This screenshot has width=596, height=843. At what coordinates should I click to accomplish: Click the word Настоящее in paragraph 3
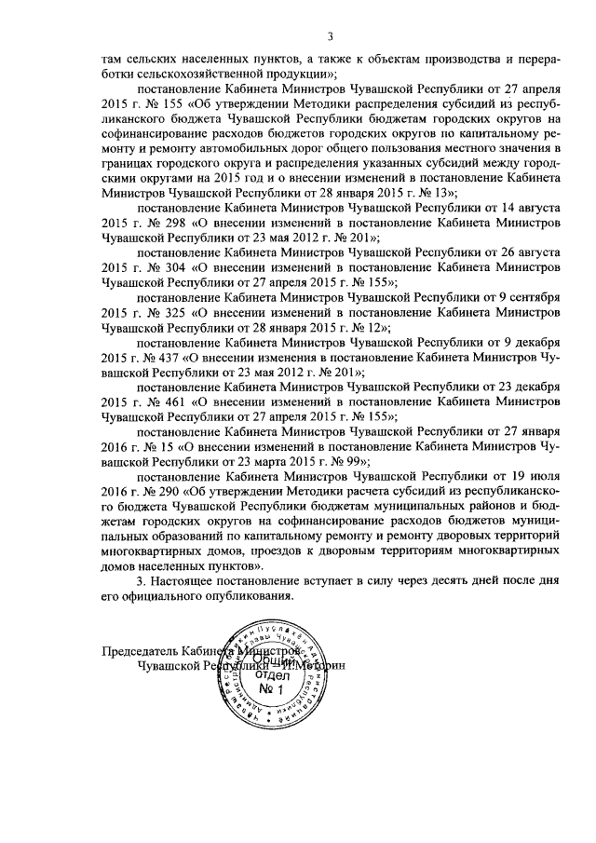(186, 582)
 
